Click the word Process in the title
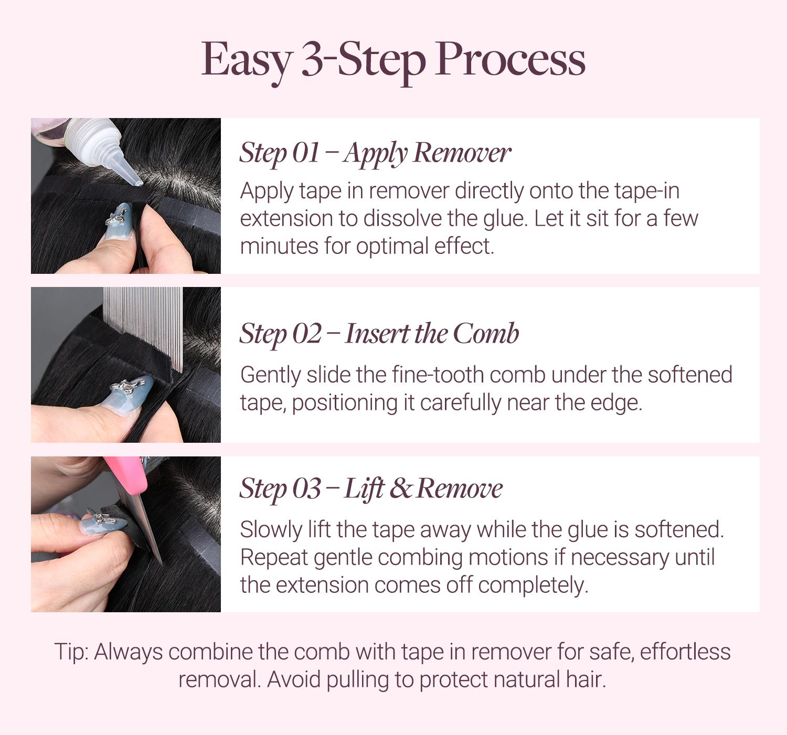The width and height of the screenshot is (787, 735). [510, 59]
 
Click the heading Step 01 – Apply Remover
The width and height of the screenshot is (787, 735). [375, 153]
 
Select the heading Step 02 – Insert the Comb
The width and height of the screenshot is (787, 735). [379, 333]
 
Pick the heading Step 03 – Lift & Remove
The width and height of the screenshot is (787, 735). [370, 488]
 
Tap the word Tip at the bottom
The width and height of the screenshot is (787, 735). [71, 652]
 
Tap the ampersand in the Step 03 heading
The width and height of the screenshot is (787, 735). [401, 488]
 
